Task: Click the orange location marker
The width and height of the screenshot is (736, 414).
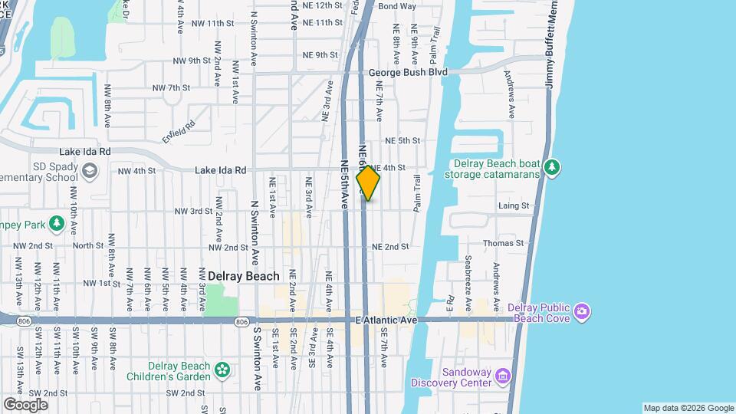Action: coord(368,183)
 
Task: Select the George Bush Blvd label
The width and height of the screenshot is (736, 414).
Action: coord(407,72)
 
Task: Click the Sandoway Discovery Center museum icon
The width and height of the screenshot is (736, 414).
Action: coord(503,376)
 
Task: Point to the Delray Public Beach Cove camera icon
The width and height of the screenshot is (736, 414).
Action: coord(582,311)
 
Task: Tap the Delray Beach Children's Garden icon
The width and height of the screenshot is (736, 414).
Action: coord(222,370)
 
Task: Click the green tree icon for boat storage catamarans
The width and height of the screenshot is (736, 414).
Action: coord(552,167)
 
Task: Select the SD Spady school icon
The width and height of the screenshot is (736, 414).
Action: coord(90,170)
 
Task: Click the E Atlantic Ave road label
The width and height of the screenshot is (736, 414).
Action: coord(386,319)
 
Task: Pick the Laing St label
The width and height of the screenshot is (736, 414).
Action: coord(514,205)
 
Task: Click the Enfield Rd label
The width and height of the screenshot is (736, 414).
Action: coord(179,127)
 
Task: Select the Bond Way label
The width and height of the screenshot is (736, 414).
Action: coord(397,6)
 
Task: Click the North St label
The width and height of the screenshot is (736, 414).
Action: coord(88,246)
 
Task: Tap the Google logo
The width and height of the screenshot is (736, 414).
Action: coord(25,404)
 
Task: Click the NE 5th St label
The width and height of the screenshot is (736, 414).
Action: coord(402,141)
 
